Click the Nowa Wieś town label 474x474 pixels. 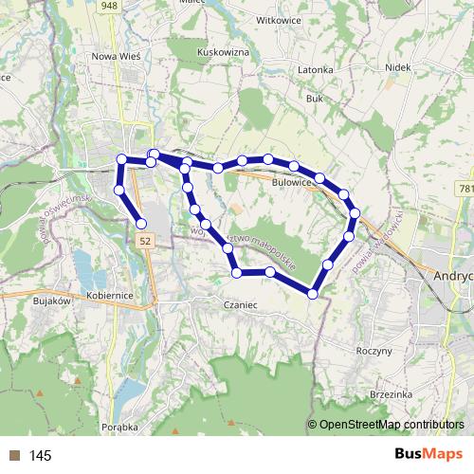tap(117, 56)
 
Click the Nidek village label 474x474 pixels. tap(397, 68)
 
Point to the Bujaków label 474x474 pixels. tap(52, 301)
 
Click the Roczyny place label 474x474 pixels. tap(374, 351)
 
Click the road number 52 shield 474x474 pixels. tap(143, 242)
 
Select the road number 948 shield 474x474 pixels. tap(111, 6)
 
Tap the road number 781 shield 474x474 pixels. tap(465, 190)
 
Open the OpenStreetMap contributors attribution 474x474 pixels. tap(391, 424)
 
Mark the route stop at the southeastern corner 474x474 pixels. tap(313, 294)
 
